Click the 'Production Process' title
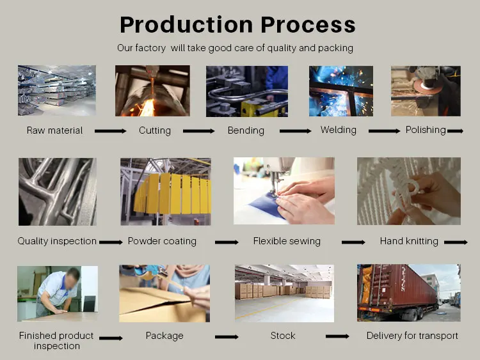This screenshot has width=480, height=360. (237, 24)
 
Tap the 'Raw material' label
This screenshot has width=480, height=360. (54, 130)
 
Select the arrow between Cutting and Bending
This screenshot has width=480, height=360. (198, 131)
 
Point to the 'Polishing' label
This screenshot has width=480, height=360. (425, 130)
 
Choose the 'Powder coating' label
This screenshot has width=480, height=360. (162, 242)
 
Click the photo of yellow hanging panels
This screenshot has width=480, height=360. (165, 192)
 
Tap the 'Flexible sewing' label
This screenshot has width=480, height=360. (287, 242)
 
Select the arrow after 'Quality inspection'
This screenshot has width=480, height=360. (111, 243)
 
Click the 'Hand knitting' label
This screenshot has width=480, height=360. (409, 242)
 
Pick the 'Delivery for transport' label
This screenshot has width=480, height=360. (412, 336)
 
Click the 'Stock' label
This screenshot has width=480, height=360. (282, 336)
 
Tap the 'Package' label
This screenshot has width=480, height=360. (164, 336)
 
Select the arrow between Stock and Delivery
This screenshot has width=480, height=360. (337, 336)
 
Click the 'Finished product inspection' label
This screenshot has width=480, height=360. (56, 341)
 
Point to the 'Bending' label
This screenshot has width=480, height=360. (246, 130)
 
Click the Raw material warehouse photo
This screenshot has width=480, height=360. (57, 90)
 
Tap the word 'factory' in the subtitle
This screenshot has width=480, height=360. (152, 48)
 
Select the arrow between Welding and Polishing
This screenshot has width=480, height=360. (384, 131)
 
